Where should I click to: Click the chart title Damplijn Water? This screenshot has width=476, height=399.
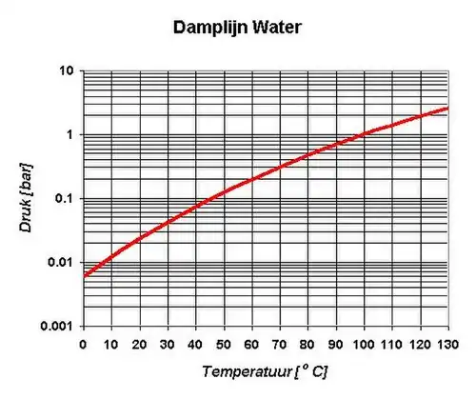[x=238, y=28]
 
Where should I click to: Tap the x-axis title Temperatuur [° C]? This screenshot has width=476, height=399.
[x=265, y=369]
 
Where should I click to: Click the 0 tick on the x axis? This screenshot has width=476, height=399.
[x=84, y=344]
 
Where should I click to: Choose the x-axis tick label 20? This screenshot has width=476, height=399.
[x=139, y=344]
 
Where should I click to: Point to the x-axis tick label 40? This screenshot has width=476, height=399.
[x=195, y=344]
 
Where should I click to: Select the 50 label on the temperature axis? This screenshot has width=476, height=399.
[x=224, y=344]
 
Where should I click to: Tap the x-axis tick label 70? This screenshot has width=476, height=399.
[x=280, y=344]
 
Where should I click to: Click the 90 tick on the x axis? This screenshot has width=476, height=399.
[x=336, y=344]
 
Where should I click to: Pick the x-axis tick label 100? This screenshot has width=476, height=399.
[x=364, y=344]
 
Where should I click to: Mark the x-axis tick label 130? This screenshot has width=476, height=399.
[x=447, y=344]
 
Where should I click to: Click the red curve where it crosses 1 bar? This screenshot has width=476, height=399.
[x=364, y=134]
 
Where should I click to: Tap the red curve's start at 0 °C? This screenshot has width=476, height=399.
[x=85, y=275]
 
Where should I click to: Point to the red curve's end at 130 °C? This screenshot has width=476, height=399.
[x=447, y=109]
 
